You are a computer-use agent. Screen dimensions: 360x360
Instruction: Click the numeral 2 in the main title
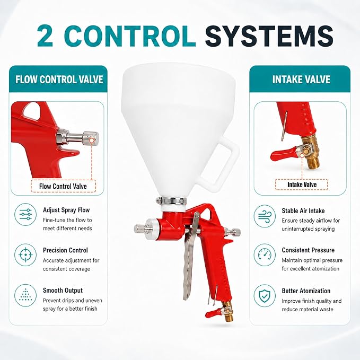(45, 36)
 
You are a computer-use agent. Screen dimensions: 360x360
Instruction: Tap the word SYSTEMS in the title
(269, 36)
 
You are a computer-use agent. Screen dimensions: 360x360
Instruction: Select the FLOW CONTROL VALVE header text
(59, 80)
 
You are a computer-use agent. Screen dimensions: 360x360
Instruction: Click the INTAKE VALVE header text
(301, 80)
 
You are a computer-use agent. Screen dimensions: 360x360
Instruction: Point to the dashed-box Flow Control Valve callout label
(63, 186)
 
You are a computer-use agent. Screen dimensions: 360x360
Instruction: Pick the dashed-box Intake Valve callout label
(302, 185)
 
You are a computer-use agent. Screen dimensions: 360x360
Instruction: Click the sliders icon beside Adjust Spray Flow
(25, 214)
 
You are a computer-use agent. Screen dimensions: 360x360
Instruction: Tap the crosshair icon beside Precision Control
(25, 255)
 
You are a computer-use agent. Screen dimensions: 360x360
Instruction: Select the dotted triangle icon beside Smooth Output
(25, 295)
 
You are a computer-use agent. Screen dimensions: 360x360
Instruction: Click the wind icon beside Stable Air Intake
(265, 216)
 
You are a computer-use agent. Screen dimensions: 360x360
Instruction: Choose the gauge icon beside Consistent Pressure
(265, 255)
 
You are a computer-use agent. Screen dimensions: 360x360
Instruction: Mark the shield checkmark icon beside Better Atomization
(265, 296)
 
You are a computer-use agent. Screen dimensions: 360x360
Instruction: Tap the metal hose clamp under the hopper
(171, 201)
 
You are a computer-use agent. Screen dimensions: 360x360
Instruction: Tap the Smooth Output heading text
(63, 291)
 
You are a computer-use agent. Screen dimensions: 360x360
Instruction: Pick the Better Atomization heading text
(306, 291)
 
